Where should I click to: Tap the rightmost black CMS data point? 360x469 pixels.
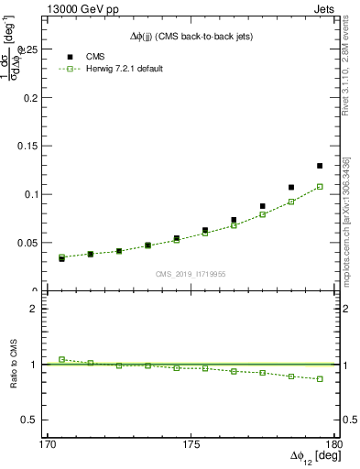320,166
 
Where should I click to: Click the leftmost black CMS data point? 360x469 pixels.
61,258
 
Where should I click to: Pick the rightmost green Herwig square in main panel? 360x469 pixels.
320,187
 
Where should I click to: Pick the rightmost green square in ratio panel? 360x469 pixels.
320,378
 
